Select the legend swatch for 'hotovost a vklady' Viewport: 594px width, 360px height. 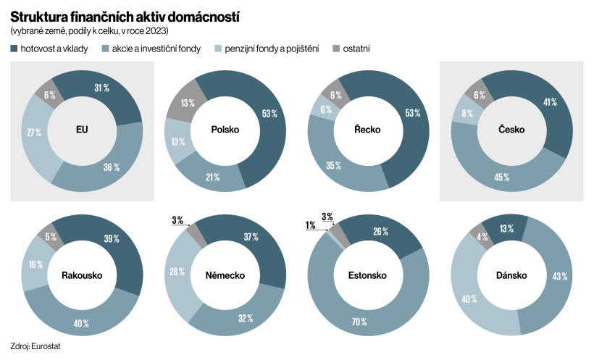(14, 49)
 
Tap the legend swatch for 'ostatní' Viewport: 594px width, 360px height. (336, 49)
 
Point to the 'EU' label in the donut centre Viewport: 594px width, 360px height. (82, 130)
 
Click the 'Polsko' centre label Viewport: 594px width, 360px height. (225, 130)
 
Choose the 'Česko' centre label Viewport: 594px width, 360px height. (511, 130)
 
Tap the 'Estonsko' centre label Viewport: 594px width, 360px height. (367, 275)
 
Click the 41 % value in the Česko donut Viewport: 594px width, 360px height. (549, 102)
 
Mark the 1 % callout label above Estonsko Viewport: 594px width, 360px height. (310, 225)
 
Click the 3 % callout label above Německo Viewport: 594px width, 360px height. (177, 220)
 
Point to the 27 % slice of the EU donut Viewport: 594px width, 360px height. (33, 133)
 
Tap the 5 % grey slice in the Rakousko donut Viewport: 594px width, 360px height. (51, 236)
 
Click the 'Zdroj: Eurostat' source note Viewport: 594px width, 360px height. (35, 346)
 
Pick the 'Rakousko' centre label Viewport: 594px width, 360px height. (82, 275)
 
